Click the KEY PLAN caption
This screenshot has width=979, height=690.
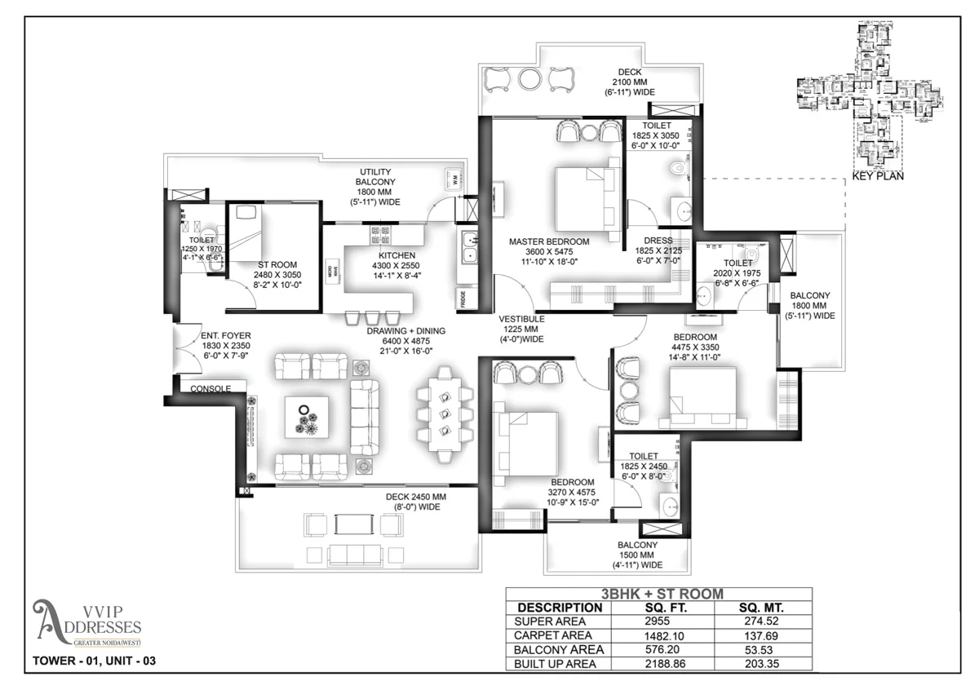(x=878, y=175)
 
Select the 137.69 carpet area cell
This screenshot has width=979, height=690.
(x=763, y=635)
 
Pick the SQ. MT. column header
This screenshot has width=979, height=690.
(x=763, y=608)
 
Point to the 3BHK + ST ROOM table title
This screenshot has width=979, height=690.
(x=658, y=594)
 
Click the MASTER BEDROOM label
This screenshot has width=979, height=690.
(x=549, y=241)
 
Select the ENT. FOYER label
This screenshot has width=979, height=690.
(x=226, y=335)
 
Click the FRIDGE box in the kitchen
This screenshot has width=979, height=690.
(x=462, y=297)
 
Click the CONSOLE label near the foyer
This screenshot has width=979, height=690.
(x=210, y=389)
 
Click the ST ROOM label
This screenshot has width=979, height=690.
(x=269, y=265)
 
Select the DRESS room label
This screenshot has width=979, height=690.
(x=658, y=241)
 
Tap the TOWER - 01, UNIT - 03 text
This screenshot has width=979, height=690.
(x=93, y=661)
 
